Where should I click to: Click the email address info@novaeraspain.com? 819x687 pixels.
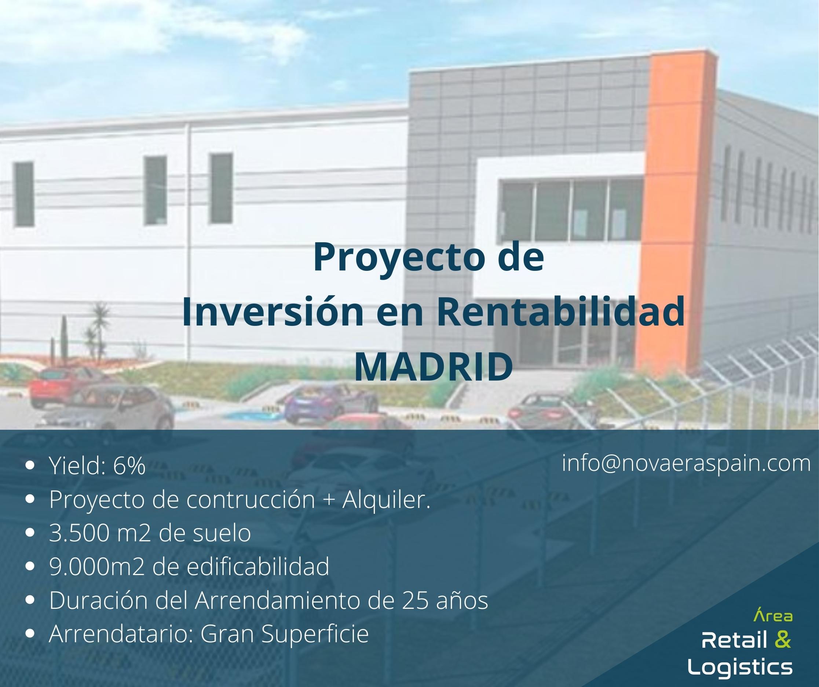686,464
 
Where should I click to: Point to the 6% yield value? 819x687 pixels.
129,466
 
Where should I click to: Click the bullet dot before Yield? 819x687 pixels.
33,466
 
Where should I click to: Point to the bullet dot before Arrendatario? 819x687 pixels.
33,635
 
